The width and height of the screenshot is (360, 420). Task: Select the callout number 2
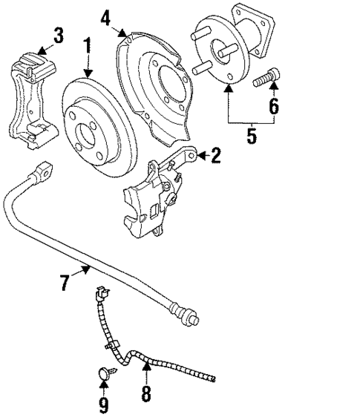point(215,155)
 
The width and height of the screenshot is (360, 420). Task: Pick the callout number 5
point(250,135)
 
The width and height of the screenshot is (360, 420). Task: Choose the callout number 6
point(273,106)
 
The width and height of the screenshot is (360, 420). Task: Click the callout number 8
point(146,393)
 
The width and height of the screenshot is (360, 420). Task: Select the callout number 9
point(103,405)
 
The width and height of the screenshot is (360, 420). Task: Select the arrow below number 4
point(125,31)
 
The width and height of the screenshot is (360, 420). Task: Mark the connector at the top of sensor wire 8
point(97,295)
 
